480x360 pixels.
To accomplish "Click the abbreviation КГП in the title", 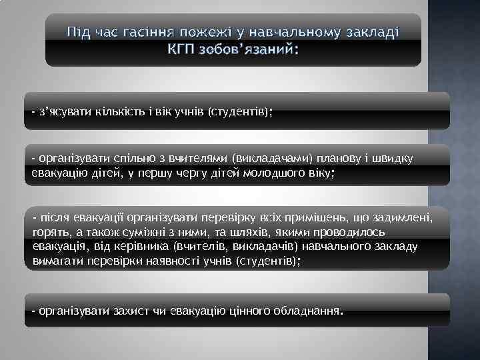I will click(x=181, y=49).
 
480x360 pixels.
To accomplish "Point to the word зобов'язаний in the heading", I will click(x=249, y=49).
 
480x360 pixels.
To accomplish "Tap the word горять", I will click(x=50, y=232).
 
